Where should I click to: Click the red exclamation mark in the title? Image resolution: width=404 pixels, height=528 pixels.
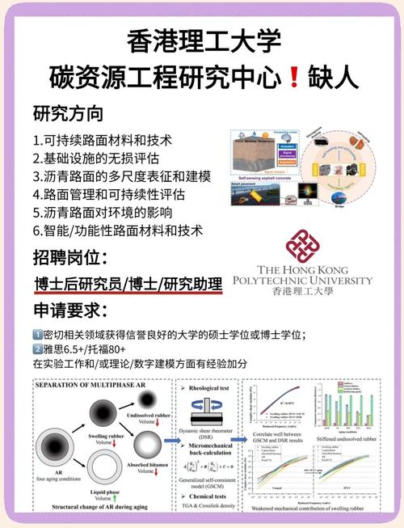pos(293,78)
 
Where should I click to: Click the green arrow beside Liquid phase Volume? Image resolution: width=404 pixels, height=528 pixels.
pos(108,499)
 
